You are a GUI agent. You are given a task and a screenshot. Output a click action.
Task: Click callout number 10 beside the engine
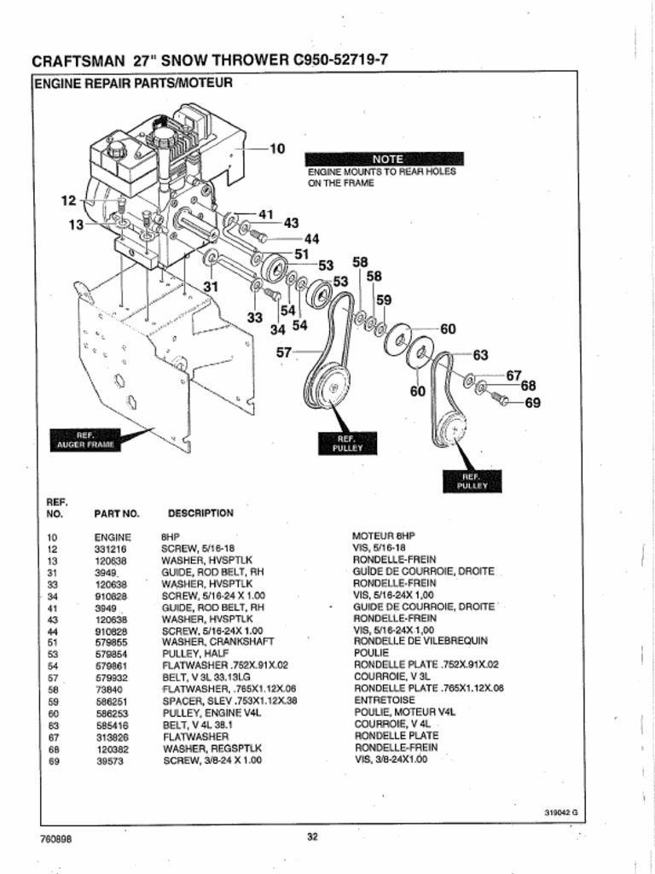(277, 149)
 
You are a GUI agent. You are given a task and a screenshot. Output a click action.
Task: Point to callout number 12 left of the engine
(69, 201)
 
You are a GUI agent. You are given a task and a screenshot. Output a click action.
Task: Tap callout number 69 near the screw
(532, 403)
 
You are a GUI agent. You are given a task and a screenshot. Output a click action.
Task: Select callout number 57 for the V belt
(284, 352)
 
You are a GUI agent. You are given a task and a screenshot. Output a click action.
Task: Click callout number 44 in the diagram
(310, 238)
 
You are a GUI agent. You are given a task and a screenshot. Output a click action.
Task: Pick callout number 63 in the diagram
(480, 354)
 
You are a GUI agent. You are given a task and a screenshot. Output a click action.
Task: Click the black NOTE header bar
(385, 159)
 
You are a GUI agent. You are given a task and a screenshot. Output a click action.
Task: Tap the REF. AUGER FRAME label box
(85, 440)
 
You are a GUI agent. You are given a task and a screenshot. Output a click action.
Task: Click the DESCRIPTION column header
(200, 514)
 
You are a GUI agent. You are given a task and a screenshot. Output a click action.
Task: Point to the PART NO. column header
(117, 515)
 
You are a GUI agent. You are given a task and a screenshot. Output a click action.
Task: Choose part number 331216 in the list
(111, 549)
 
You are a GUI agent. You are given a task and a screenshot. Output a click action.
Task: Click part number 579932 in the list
(112, 677)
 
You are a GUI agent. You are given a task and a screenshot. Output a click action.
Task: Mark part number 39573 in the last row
(111, 759)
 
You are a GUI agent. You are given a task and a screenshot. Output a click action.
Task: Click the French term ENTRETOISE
(384, 701)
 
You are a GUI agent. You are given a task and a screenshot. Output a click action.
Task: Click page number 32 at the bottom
(312, 836)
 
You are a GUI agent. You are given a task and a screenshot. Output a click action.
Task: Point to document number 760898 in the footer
(55, 838)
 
